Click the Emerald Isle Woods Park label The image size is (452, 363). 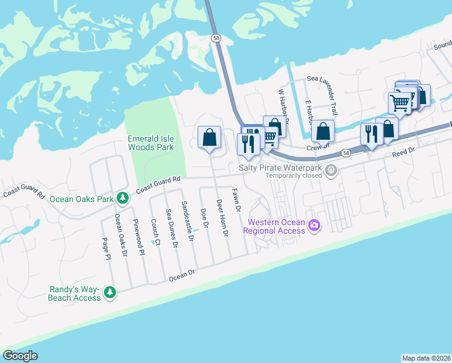[x=150, y=143]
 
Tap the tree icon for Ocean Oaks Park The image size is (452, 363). [x=122, y=198]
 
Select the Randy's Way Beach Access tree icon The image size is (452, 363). [x=109, y=293]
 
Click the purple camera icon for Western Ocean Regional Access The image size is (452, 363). [x=314, y=226]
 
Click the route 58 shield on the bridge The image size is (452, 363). [x=216, y=38]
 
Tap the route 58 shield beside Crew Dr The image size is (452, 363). [x=345, y=153]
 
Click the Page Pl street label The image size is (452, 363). [x=108, y=248]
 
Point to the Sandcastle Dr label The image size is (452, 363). [x=187, y=222]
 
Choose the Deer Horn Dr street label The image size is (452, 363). [x=221, y=218]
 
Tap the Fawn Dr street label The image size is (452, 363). [x=237, y=200]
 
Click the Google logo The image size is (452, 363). [x=20, y=356]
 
